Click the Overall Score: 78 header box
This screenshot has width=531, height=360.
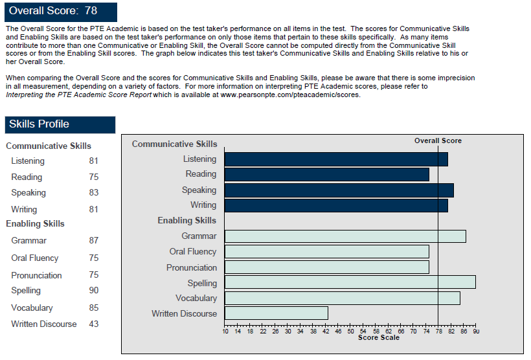pos(61,11)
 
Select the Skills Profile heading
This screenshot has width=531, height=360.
pos(60,124)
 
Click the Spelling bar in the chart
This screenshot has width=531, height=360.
pos(350,282)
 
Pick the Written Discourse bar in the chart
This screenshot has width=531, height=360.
pos(276,313)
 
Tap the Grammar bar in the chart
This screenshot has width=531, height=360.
pos(345,236)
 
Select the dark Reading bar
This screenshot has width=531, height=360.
pos(326,174)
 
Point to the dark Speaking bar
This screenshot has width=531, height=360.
pos(339,190)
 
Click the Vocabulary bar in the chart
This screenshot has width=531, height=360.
pos(342,298)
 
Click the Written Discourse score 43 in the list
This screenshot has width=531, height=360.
pos(94,324)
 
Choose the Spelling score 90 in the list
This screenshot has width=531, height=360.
pos(94,291)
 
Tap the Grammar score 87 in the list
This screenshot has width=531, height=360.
pos(94,240)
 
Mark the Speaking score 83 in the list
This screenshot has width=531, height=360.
pos(94,192)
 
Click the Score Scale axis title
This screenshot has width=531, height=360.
pos(379,337)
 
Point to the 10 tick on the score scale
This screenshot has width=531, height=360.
pos(225,331)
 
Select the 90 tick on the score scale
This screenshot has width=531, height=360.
pos(476,331)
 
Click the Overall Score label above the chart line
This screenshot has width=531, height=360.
pos(438,141)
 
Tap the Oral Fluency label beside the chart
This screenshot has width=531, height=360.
pos(193,251)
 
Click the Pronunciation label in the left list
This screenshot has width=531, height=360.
pos(36,275)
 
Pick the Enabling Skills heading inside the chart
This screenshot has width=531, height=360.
pos(186,221)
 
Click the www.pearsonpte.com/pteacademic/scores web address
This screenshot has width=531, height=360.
pos(290,95)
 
